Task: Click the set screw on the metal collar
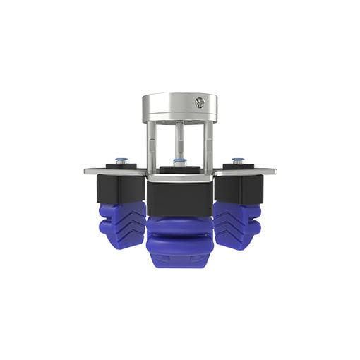(x=200, y=102)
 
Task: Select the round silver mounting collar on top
(x=179, y=107)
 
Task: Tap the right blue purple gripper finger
(x=238, y=225)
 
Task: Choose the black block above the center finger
(x=179, y=198)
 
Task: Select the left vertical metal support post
(x=151, y=145)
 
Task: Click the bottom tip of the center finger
(x=179, y=264)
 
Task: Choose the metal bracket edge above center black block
(x=179, y=178)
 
